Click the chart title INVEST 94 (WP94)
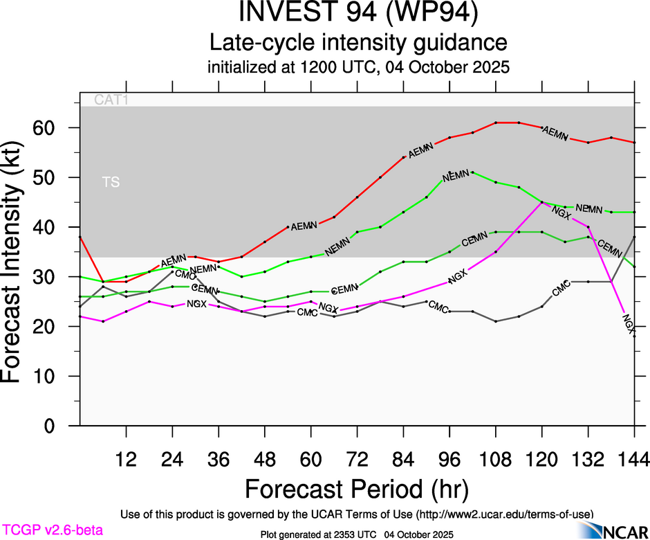click(358, 14)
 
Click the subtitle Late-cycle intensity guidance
click(358, 42)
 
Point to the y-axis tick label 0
click(59, 426)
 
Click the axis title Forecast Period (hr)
click(357, 489)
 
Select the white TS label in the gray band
click(111, 183)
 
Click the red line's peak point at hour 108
click(496, 123)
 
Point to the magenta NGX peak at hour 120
click(542, 202)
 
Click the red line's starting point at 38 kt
click(80, 237)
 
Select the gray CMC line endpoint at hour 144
click(635, 237)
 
